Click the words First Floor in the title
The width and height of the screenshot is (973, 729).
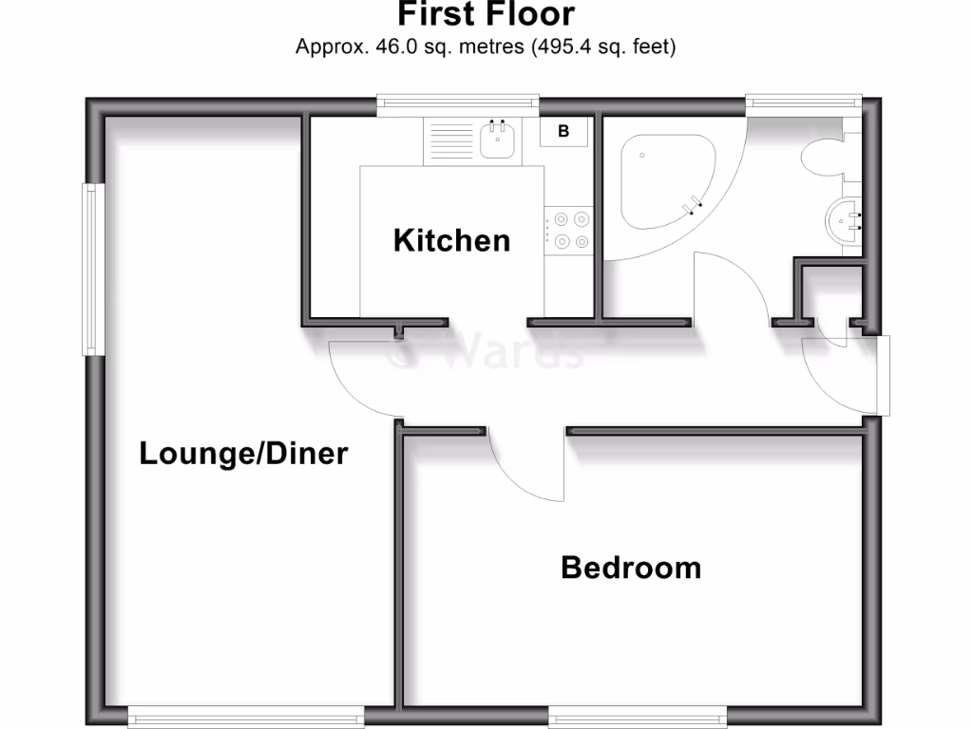click(486, 15)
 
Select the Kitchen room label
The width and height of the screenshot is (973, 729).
click(451, 241)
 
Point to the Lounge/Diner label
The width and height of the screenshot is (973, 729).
click(243, 454)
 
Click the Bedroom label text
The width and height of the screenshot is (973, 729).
click(631, 568)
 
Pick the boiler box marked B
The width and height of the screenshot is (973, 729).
click(563, 132)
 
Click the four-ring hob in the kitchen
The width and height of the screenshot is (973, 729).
click(569, 231)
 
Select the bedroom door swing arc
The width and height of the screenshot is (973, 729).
click(527, 470)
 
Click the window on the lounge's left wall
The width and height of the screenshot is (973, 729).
click(91, 269)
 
